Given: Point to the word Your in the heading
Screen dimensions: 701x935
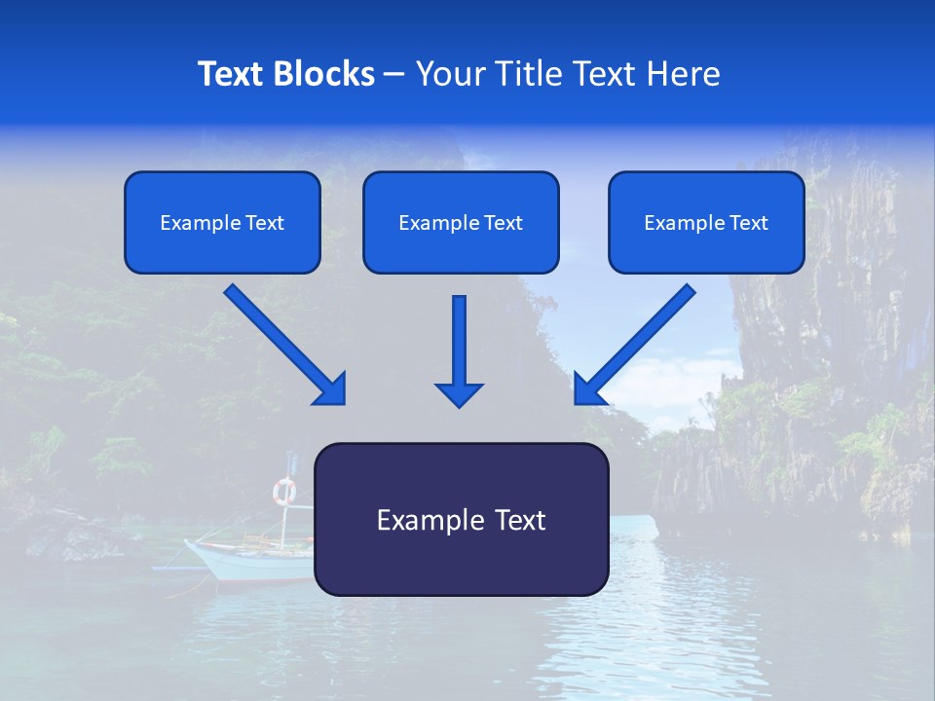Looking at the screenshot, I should click(447, 74).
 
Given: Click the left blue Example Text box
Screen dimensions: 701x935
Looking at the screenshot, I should click(222, 223).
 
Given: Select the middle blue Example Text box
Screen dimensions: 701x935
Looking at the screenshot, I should click(461, 223).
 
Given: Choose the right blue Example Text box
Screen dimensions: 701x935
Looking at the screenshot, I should click(706, 223).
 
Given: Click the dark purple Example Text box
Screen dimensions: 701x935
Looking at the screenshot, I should click(462, 520).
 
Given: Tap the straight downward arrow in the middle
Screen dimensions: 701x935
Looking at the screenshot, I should click(460, 341).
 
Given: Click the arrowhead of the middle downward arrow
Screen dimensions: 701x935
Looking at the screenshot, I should click(460, 394).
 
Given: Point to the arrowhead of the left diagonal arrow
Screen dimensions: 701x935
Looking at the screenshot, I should click(331, 389).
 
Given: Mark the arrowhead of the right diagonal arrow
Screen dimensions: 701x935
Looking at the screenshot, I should click(587, 389).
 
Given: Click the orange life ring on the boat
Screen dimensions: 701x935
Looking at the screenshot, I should click(283, 491).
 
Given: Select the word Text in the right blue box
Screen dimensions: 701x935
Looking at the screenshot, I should click(748, 223).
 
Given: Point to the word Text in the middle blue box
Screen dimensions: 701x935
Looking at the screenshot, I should click(503, 223).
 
